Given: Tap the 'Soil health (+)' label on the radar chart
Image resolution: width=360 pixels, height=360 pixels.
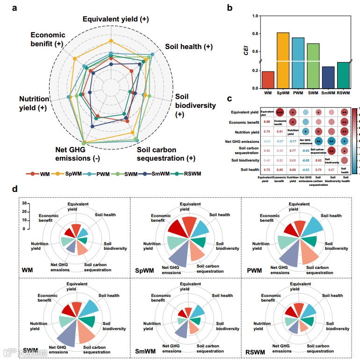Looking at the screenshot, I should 189,47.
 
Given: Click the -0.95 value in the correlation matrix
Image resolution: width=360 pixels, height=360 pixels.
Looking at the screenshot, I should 305,160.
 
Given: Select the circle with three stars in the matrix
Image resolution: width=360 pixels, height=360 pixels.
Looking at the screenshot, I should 280,112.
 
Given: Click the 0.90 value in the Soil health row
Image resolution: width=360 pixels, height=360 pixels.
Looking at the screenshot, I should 292,169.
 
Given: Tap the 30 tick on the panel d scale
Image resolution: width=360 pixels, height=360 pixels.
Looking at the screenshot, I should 24,204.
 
